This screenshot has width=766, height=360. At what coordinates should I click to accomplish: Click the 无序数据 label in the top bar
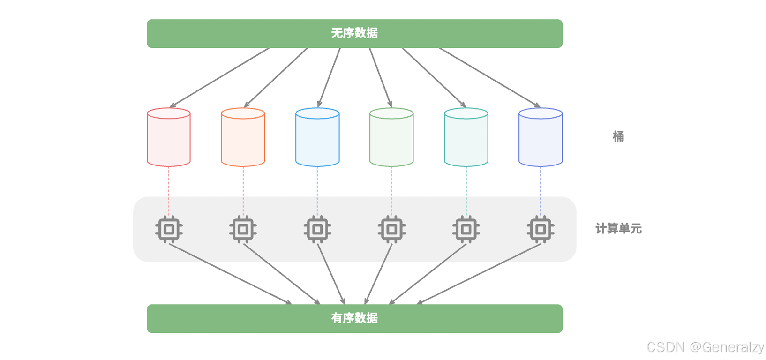[x=354, y=33]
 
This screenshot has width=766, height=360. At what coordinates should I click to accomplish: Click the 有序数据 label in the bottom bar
[x=354, y=318]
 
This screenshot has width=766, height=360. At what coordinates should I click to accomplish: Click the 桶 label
[x=618, y=136]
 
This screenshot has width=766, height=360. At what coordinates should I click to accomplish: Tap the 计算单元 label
[x=618, y=229]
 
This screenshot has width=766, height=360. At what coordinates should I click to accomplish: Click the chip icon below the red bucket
[x=169, y=229]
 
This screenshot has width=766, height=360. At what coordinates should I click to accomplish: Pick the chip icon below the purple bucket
[x=541, y=229]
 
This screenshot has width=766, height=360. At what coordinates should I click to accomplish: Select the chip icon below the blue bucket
[x=317, y=229]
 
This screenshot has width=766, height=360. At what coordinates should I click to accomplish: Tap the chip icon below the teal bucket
[x=466, y=229]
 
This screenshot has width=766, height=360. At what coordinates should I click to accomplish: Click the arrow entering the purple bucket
[x=490, y=77]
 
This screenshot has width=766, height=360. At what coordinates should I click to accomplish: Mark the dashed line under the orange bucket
[x=243, y=190]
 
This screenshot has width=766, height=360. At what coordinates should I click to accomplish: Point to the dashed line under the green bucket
[x=392, y=190]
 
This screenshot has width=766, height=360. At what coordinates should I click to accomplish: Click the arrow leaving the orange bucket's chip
[x=281, y=273]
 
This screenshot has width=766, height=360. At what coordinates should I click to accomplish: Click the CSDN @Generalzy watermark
[x=705, y=347]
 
